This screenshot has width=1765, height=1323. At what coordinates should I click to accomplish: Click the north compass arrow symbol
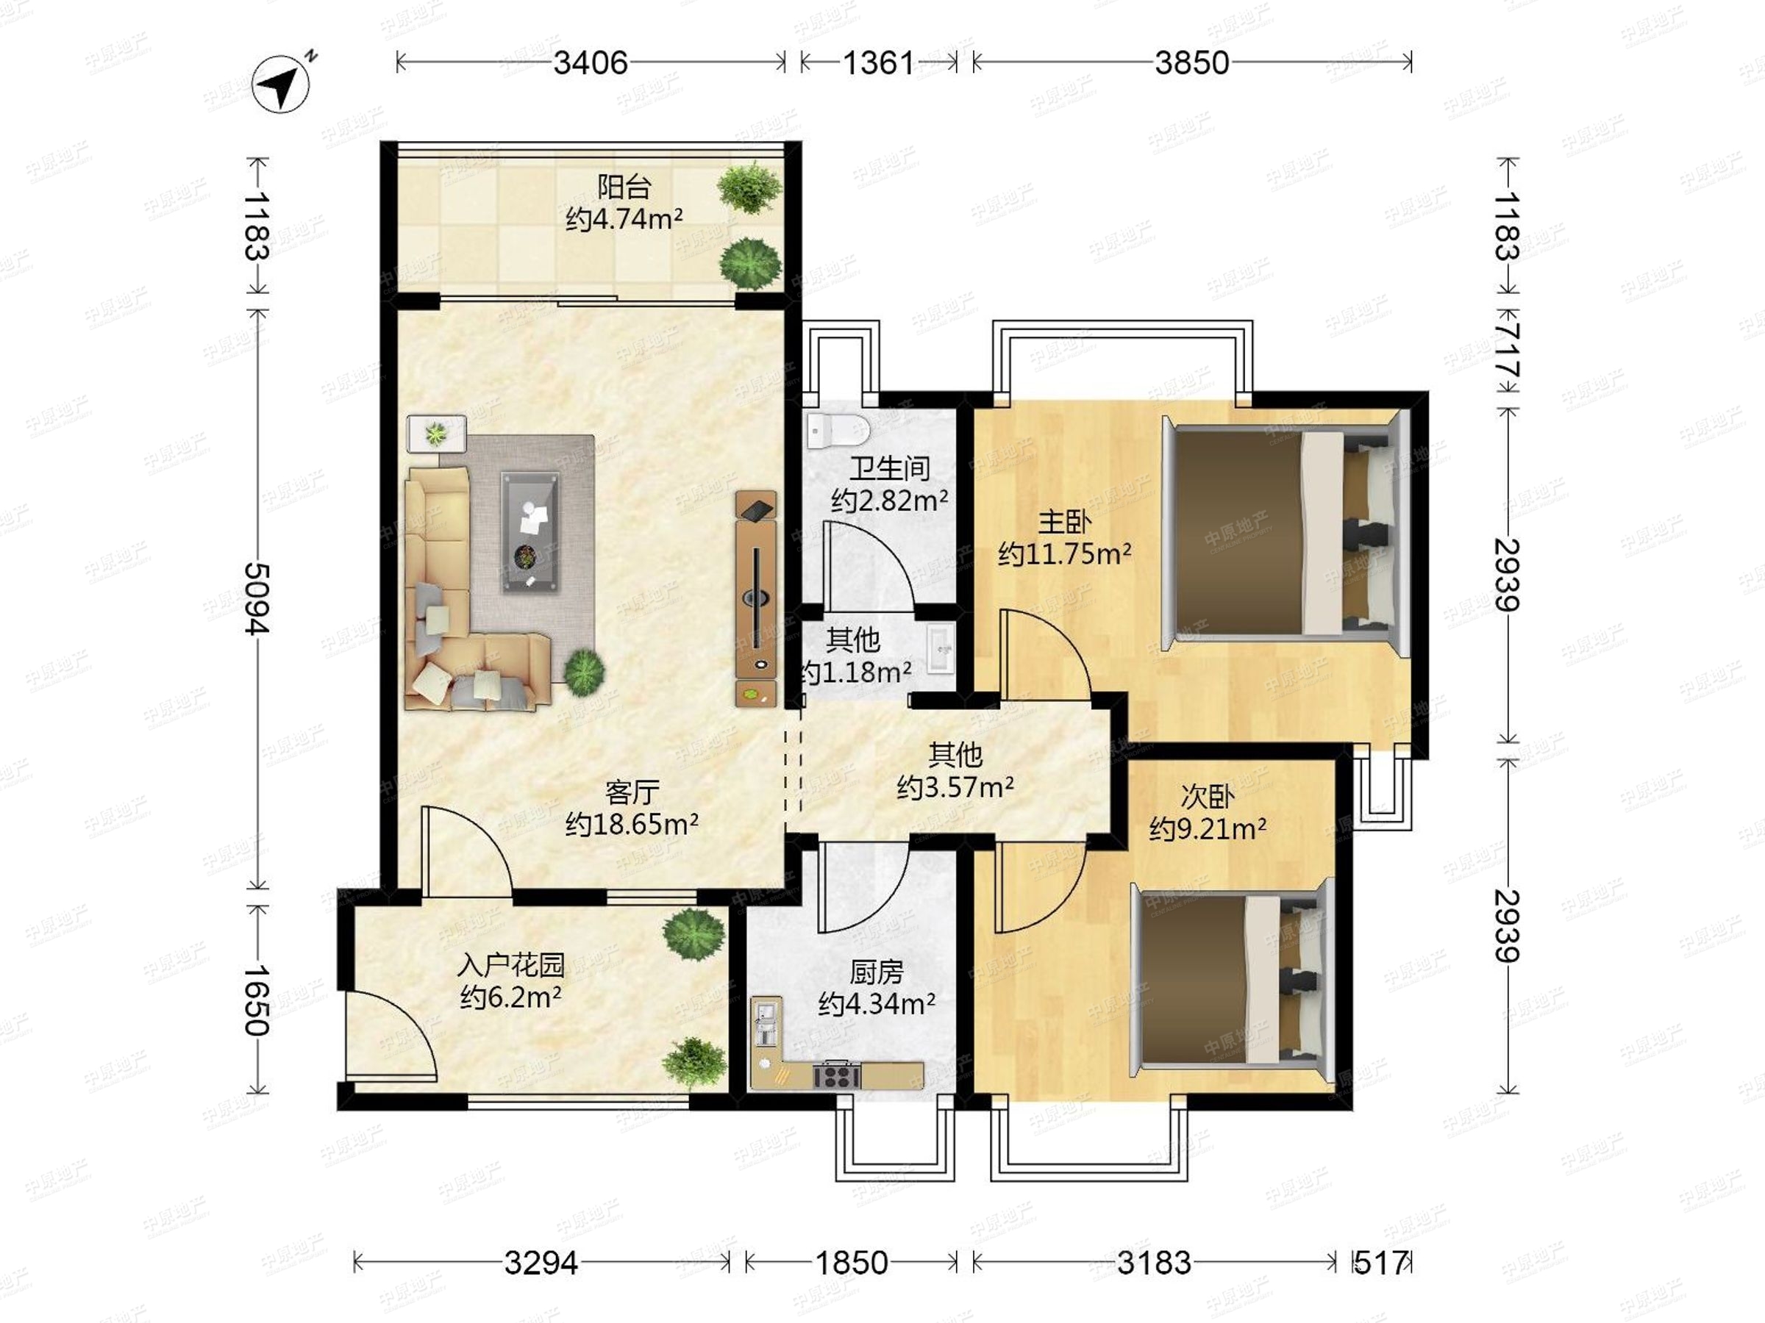281,83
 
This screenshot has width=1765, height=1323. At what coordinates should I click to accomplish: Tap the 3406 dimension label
591,62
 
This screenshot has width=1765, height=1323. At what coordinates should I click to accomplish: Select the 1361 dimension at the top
877,62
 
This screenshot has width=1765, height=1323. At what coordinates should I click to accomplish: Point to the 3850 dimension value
1192,62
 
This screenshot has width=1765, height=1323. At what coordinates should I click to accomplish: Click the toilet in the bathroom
837,431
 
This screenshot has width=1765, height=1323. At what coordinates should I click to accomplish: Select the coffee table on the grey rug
529,532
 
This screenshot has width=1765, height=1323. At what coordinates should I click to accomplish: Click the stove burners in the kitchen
837,1077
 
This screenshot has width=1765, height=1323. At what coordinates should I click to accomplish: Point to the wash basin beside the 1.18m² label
941,650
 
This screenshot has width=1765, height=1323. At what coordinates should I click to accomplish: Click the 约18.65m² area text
632,824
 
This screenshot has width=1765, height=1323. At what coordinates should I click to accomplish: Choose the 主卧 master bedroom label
1064,523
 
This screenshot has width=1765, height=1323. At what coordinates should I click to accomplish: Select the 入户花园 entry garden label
510,965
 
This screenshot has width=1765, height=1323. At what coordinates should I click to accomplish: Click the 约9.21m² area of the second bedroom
1208,829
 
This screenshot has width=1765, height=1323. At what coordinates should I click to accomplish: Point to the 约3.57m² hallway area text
955,787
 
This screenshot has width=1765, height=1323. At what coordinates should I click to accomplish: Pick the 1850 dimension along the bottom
852,1263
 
